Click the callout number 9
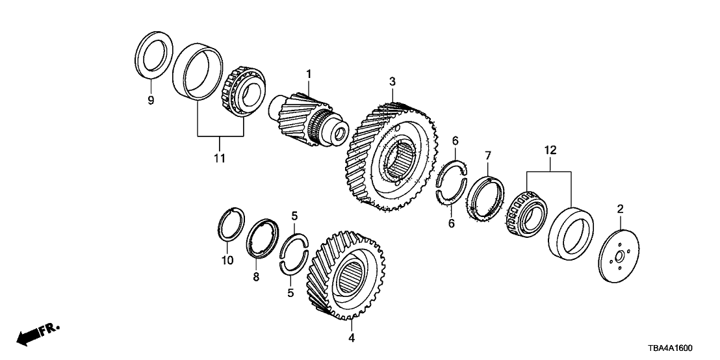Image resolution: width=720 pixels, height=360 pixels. [150, 101]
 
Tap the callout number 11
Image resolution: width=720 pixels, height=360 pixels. [220, 158]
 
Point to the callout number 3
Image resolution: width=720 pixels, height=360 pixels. [392, 81]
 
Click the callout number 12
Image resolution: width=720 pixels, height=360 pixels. [550, 150]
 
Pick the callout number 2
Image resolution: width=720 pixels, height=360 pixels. [620, 209]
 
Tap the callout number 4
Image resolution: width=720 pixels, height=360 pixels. [351, 338]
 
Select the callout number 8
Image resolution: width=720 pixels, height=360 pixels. [256, 277]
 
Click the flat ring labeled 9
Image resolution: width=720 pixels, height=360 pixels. [157, 56]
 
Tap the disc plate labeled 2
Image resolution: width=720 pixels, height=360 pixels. [617, 254]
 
